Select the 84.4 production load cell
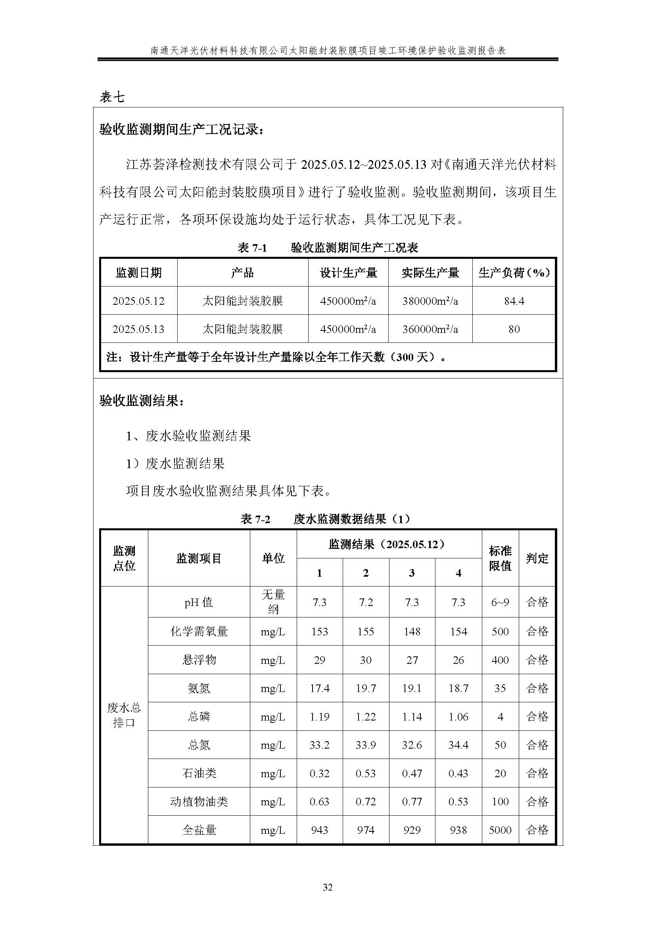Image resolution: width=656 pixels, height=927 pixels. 514,301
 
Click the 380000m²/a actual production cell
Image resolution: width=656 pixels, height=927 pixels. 430,301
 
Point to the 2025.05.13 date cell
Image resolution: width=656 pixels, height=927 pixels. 138,329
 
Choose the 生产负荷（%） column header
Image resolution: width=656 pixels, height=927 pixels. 514,273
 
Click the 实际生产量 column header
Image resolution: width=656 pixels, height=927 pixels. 430,273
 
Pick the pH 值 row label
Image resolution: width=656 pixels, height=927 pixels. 199,602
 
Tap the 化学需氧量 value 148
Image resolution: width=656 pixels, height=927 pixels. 412,631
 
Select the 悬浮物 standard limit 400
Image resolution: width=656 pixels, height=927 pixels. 500,660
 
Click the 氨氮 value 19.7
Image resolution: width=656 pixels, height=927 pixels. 366,688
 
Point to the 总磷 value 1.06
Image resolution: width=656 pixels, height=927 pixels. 458,717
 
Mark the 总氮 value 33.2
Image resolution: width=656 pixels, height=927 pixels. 320,745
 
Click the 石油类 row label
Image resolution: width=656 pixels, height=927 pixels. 199,773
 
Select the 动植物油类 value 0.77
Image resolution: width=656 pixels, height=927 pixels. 412,801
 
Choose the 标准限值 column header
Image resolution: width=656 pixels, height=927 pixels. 500,558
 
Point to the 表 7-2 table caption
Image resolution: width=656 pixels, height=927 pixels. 325,519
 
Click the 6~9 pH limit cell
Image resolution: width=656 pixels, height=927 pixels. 500,602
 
